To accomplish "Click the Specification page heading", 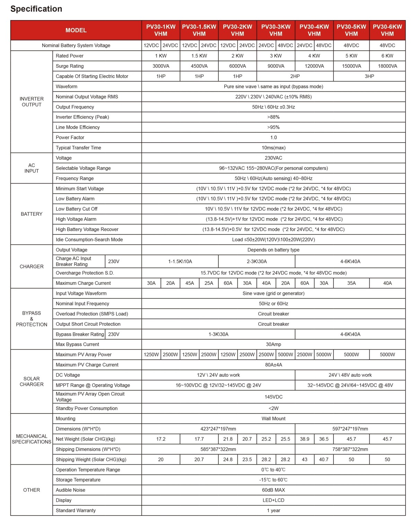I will pyautogui.click(x=36, y=9).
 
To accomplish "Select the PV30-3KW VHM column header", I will pyautogui.click(x=276, y=30).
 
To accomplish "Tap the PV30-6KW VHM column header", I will pyautogui.click(x=387, y=30).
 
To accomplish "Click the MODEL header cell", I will pyautogui.click(x=76, y=30).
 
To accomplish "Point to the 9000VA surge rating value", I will pyautogui.click(x=276, y=66).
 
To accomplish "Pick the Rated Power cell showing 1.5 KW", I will pyautogui.click(x=199, y=56).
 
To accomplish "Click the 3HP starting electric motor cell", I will pyautogui.click(x=369, y=76).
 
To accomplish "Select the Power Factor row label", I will pyautogui.click(x=70, y=137).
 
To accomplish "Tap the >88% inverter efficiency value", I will pyautogui.click(x=273, y=117).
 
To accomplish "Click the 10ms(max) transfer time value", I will pyautogui.click(x=273, y=148).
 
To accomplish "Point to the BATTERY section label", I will pyautogui.click(x=32, y=214).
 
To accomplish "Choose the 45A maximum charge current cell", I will pyautogui.click(x=190, y=283).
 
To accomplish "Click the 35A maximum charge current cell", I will pyautogui.click(x=351, y=283).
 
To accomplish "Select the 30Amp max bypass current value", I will pyautogui.click(x=273, y=344).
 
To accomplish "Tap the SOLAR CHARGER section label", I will pyautogui.click(x=32, y=381).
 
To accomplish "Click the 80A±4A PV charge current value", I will pyautogui.click(x=273, y=365).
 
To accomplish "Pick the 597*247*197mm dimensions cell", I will pyautogui.click(x=350, y=429).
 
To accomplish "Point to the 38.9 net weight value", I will pyautogui.click(x=304, y=439).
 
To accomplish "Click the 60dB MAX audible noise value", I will pyautogui.click(x=273, y=490).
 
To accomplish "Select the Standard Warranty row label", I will pyautogui.click(x=76, y=511).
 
